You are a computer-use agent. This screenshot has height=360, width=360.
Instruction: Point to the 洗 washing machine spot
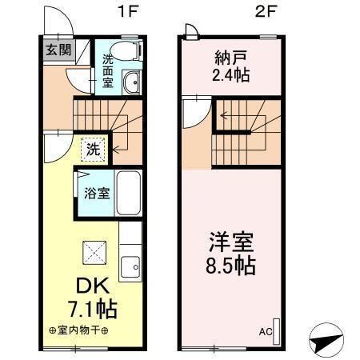[93, 148]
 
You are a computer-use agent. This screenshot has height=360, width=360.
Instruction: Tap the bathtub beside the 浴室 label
[129, 192]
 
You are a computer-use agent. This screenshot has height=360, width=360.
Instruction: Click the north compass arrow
[328, 337]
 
